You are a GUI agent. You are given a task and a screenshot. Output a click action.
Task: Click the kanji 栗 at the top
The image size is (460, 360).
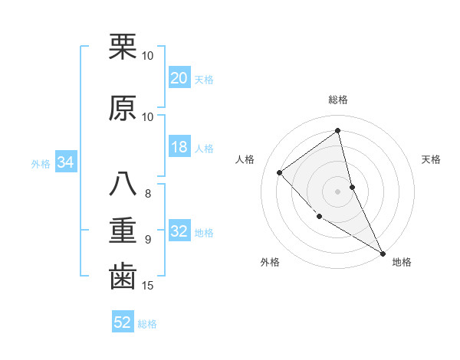[123, 47]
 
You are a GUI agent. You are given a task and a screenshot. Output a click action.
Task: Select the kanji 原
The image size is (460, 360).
[123, 109]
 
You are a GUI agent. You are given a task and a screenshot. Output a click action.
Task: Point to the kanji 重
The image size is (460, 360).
[123, 231]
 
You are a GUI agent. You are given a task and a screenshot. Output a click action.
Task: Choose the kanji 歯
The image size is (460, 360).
[123, 277]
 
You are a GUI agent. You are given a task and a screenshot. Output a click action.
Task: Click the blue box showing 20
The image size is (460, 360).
[179, 78]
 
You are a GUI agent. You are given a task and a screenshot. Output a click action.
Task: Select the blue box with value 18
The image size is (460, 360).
[179, 148]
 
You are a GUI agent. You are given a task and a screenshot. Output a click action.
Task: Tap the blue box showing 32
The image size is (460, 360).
[179, 231]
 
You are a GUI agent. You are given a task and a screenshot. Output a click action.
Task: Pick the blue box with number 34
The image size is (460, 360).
[65, 162]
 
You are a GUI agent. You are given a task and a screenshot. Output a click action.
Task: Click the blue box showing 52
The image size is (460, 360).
[123, 322]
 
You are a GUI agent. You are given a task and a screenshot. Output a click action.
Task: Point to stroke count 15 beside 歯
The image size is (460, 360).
[149, 286]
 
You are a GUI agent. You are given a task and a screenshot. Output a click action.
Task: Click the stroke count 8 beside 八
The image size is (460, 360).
[148, 194]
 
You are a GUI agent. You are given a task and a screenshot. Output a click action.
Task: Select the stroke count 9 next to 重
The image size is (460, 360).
[148, 240]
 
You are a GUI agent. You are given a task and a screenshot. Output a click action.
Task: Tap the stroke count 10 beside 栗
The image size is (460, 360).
[148, 56]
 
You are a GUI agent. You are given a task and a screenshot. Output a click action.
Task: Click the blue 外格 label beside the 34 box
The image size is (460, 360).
[41, 163]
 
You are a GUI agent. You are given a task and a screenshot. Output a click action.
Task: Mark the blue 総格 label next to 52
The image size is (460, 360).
[147, 324]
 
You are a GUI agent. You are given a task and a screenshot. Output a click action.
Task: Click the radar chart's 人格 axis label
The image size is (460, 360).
[245, 159]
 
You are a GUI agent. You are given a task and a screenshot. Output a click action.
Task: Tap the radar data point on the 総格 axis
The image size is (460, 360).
[338, 131]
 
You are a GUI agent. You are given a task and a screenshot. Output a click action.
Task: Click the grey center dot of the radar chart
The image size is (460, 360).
[338, 191]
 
